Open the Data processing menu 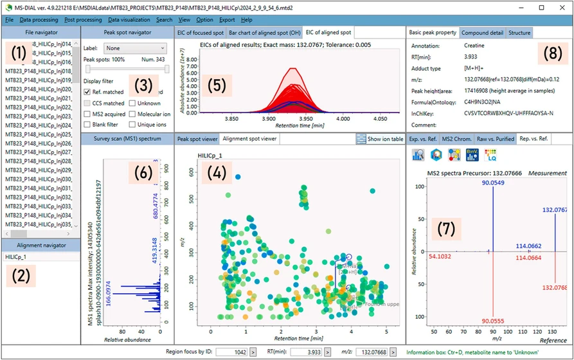pos(39,20)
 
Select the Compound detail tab pos(482,32)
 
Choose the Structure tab pos(519,32)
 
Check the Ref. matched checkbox pos(88,92)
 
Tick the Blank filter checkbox pos(88,125)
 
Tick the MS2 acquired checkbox pos(88,114)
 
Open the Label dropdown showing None pos(134,48)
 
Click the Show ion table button pos(381,138)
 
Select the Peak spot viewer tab pos(197,138)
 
